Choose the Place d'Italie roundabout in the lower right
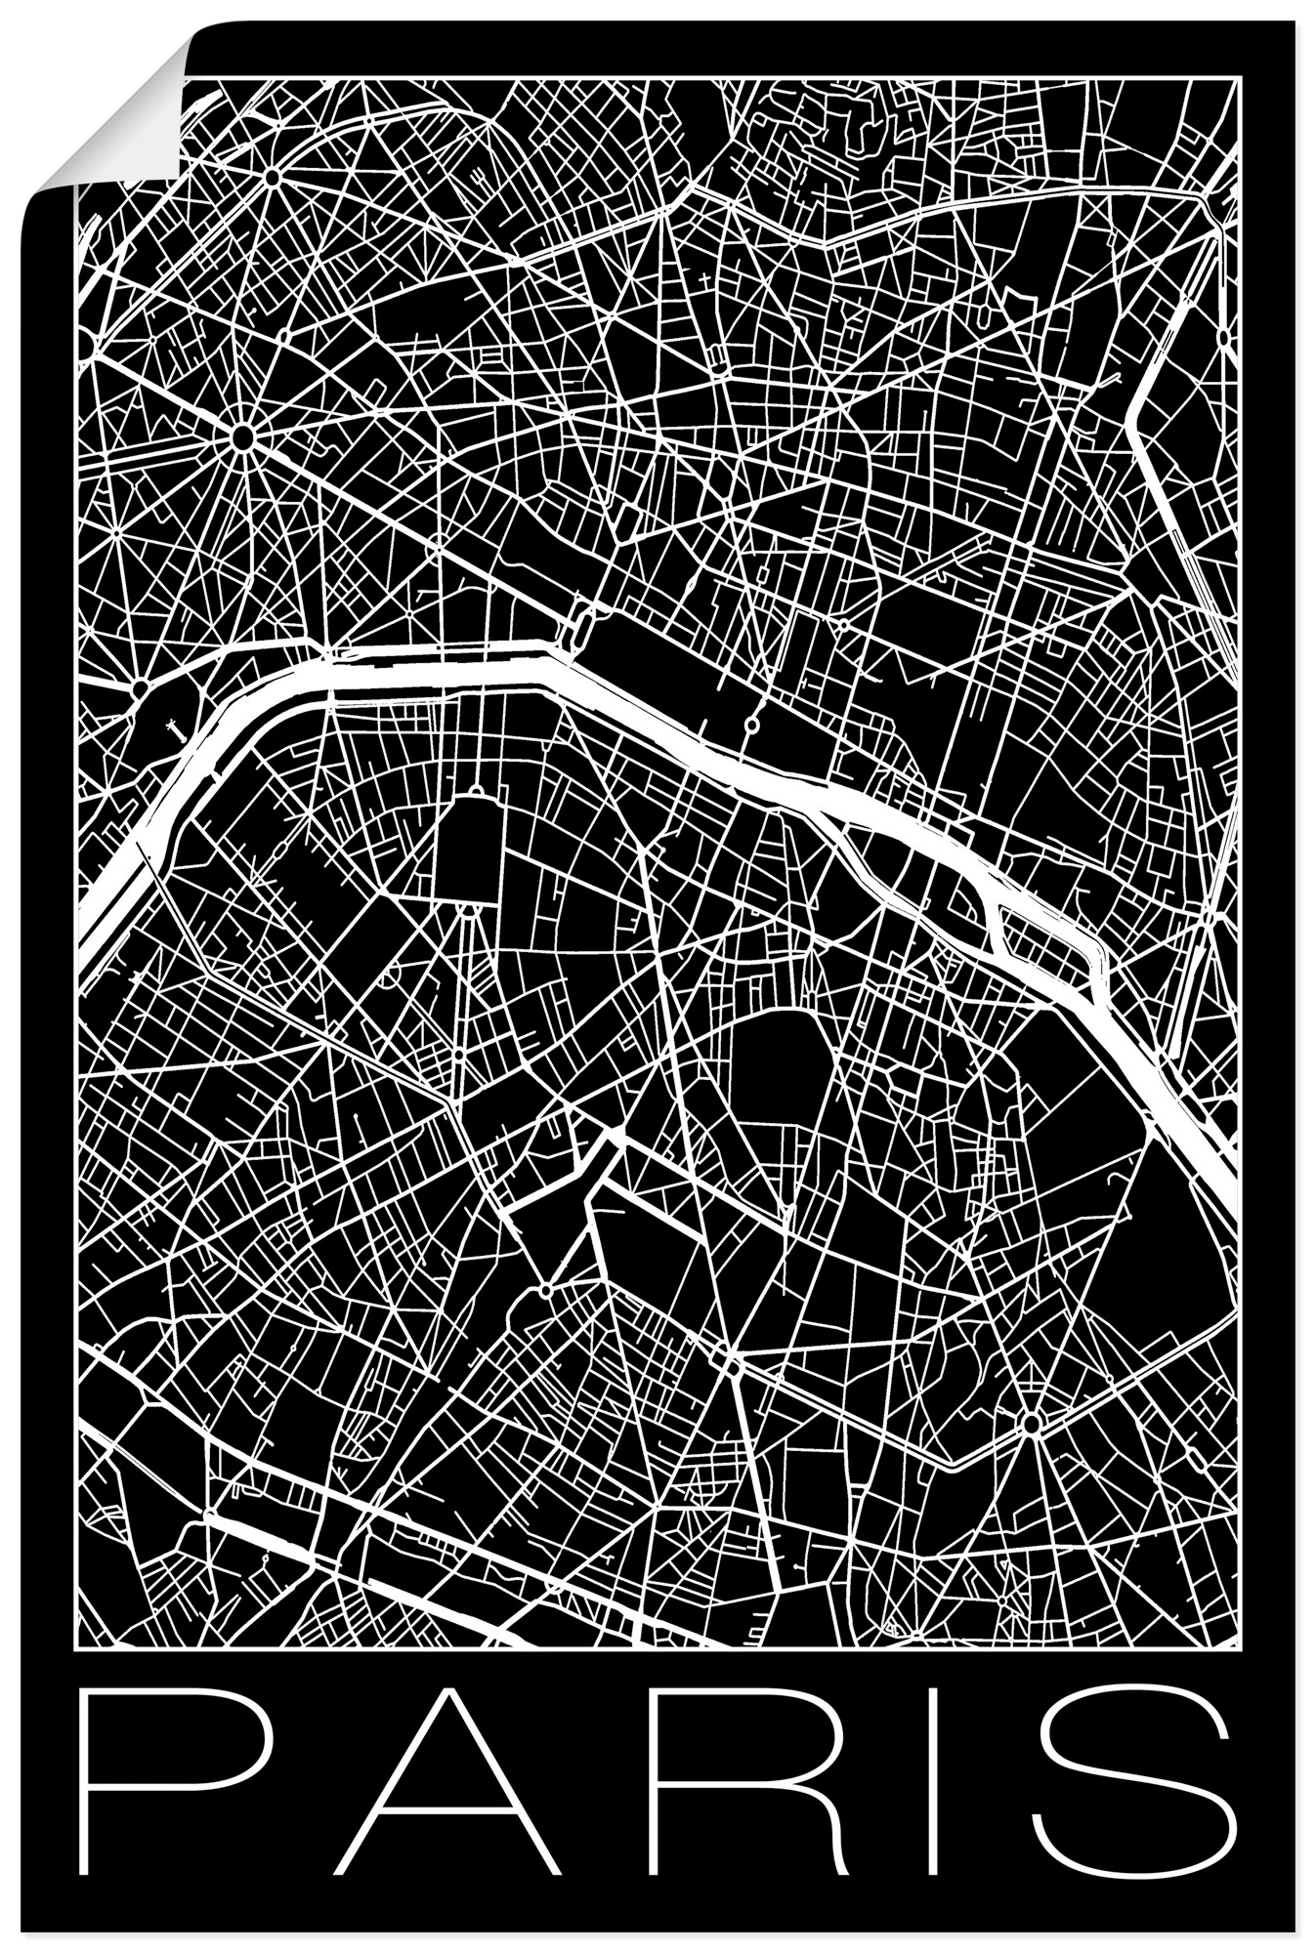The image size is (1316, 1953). click(1032, 1425)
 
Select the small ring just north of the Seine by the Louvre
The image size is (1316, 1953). click(752, 724)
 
